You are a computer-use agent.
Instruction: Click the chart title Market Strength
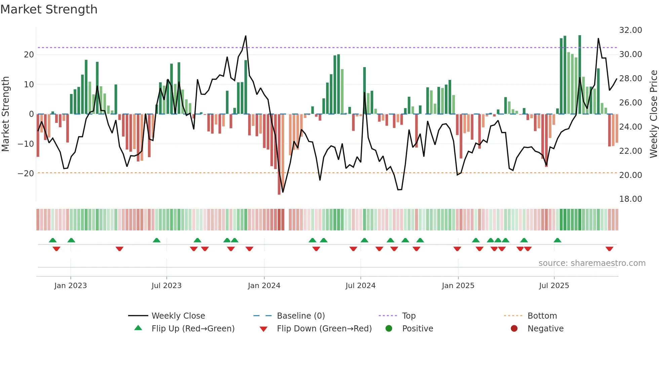[x=49, y=9]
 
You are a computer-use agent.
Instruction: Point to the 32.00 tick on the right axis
[x=630, y=30]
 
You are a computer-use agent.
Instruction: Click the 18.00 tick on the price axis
[x=630, y=199]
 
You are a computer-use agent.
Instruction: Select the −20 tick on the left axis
[x=26, y=174]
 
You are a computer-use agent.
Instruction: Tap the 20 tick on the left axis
[x=29, y=55]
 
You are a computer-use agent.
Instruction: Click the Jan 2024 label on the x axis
[x=264, y=286]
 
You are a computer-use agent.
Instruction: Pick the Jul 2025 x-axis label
[x=554, y=286]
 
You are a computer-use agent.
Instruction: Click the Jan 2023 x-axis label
[x=71, y=286]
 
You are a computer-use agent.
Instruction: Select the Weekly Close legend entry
[x=178, y=316]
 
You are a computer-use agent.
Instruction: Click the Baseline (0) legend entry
[x=301, y=316]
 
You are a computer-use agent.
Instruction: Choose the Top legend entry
[x=409, y=316]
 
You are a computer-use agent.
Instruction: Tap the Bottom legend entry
[x=542, y=316]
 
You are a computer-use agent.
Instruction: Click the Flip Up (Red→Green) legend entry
[x=193, y=329]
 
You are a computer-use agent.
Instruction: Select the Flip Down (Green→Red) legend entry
[x=324, y=329]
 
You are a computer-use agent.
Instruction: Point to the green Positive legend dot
[x=389, y=329]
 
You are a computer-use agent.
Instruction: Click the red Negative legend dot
[x=514, y=329]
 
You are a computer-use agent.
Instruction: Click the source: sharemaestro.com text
[x=592, y=263]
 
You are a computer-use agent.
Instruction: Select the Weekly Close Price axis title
[x=653, y=114]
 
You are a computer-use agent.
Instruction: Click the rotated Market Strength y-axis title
[x=5, y=114]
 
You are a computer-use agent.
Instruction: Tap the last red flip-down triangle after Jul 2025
[x=609, y=249]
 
